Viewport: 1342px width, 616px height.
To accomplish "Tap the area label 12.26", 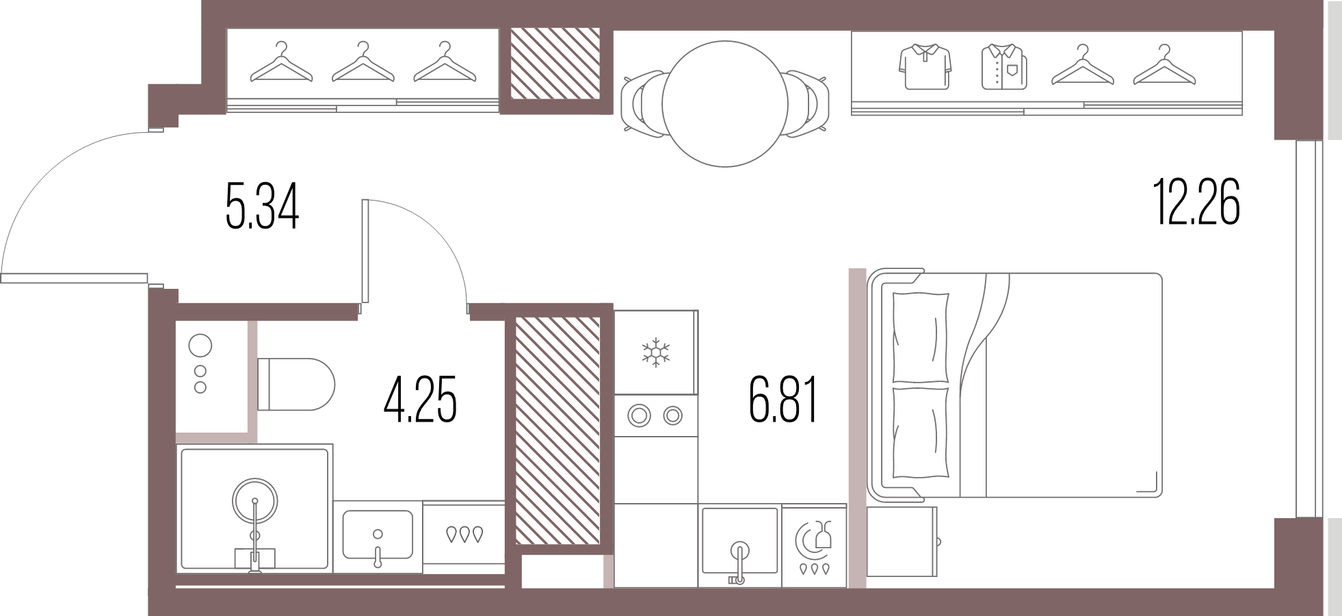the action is tap(1197, 202).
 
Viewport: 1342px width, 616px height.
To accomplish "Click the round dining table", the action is tap(725, 103).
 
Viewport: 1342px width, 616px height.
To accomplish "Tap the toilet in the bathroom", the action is tap(295, 384).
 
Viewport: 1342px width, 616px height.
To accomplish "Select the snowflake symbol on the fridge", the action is tap(655, 352).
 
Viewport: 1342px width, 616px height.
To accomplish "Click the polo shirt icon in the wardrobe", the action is tap(925, 67).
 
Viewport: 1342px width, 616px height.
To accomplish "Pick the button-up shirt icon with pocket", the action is tap(1004, 67).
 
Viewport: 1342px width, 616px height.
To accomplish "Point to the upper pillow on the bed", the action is tap(921, 337).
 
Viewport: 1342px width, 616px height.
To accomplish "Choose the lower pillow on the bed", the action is tap(921, 433).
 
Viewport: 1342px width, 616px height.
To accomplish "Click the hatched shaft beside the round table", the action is tap(555, 63).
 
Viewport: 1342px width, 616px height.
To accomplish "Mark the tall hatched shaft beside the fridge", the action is tap(557, 431).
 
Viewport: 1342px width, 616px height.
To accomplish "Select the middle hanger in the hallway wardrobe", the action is tap(363, 63).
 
